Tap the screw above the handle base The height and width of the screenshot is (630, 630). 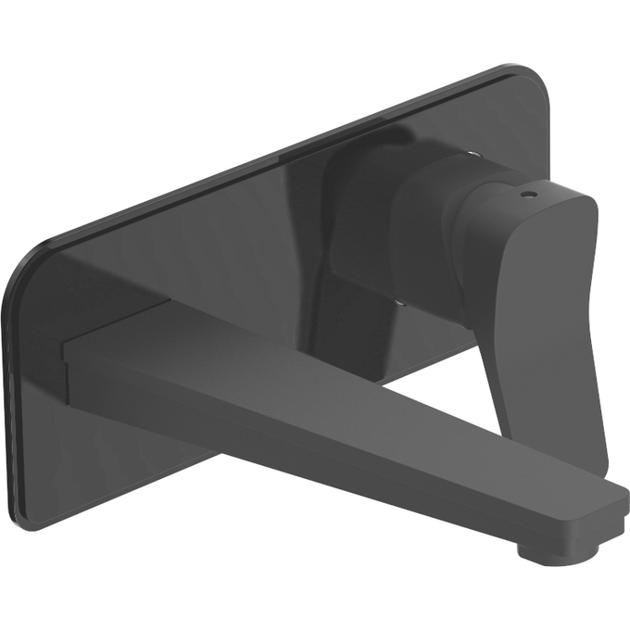(x=474, y=153)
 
